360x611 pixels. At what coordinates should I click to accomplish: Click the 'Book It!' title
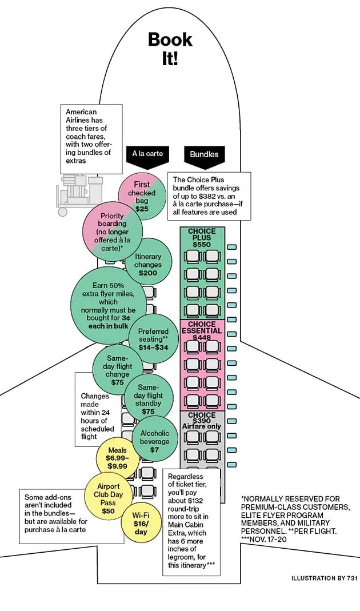tap(170, 49)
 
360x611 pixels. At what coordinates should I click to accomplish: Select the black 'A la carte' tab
tap(147, 154)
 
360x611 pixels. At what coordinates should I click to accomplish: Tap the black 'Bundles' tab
tap(204, 154)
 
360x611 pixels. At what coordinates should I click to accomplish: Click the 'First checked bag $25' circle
tap(142, 197)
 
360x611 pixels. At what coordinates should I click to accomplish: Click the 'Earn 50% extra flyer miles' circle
tap(109, 305)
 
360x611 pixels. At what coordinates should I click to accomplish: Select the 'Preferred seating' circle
tap(153, 338)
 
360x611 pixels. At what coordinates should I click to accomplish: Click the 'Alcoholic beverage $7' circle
tap(154, 441)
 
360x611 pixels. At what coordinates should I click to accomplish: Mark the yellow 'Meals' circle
tap(117, 458)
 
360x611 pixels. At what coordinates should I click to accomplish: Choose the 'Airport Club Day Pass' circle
tap(109, 498)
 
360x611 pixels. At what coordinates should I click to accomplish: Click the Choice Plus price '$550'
tap(202, 245)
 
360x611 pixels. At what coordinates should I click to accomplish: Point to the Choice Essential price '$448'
tap(202, 338)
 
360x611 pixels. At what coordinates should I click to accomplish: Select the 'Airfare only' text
tap(201, 427)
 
